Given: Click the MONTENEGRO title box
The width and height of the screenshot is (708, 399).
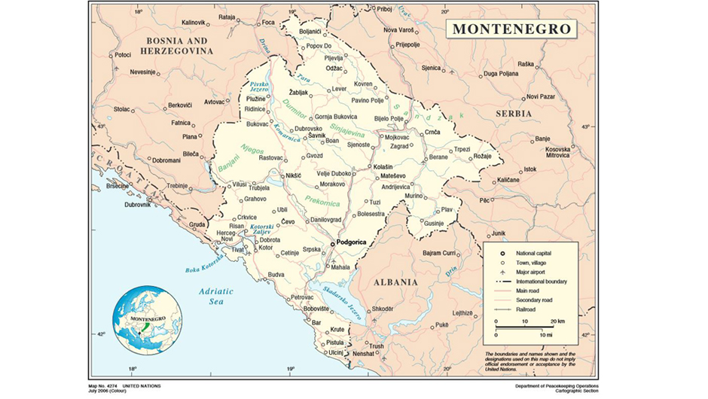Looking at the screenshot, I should click(511, 30).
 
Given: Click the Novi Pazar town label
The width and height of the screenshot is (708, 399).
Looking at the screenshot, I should click(540, 96).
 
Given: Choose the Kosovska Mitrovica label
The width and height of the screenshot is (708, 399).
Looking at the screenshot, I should click(558, 151).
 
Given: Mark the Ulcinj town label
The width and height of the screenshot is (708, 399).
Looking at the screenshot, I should click(335, 352).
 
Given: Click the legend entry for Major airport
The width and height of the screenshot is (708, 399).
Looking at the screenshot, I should click(532, 272).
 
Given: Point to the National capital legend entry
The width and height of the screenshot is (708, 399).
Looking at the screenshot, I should click(535, 253).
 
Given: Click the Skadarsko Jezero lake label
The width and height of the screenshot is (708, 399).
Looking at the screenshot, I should click(346, 305).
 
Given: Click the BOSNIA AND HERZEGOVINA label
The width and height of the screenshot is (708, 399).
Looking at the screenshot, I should click(176, 44).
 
